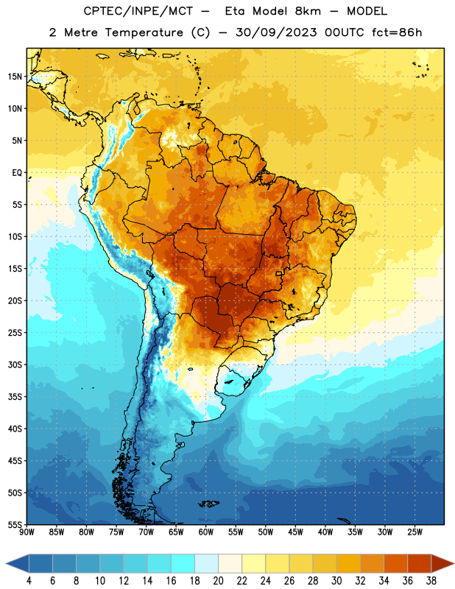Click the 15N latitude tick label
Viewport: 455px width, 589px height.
(x=15, y=77)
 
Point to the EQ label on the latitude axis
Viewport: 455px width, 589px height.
(x=17, y=173)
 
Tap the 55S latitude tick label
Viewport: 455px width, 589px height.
(x=15, y=524)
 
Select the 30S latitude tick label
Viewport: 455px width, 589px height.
(x=15, y=364)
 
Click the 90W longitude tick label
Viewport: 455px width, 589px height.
(x=27, y=532)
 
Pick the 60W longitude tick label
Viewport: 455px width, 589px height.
(x=206, y=532)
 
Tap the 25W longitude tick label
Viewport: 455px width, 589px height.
(x=415, y=532)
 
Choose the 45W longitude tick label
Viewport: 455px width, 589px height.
(x=295, y=532)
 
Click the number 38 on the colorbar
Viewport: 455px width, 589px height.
(x=431, y=581)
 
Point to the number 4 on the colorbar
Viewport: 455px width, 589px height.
(x=29, y=581)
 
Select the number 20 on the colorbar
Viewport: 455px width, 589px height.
(x=218, y=581)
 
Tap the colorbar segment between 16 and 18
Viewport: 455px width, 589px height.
(x=183, y=563)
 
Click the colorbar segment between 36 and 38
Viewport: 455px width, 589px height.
(x=420, y=563)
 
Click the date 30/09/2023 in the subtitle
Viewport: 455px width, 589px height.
(x=277, y=32)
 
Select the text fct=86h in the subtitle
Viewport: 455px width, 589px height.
(x=397, y=32)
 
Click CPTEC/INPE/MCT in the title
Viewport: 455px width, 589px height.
(x=138, y=11)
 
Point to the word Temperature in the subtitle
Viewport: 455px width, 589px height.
(x=144, y=32)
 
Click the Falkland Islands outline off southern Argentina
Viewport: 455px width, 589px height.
(x=208, y=504)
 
